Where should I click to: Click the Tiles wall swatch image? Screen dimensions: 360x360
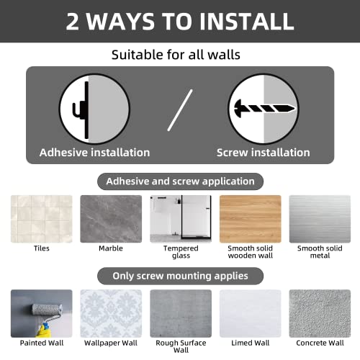coord(42,219)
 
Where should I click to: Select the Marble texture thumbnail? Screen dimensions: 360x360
coord(111,219)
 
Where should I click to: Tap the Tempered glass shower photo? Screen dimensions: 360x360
coord(181,219)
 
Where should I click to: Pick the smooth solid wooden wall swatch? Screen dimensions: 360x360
coord(251,219)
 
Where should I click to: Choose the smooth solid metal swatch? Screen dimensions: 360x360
coord(320,219)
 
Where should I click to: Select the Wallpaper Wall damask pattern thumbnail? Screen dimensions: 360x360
coord(111,313)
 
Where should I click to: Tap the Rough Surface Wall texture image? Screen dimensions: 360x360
coord(181,313)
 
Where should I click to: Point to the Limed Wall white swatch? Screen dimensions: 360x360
coord(251,313)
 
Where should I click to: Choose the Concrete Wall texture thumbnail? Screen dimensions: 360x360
coord(320,313)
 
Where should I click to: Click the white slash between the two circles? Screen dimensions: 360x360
coord(180,110)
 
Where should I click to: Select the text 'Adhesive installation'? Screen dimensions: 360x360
coord(94,153)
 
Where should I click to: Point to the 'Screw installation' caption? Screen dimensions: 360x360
coord(264,153)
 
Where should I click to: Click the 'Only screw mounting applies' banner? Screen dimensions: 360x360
coord(180,276)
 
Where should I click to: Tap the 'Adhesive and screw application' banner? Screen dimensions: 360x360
coord(180,181)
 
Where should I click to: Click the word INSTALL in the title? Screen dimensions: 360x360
coord(246,22)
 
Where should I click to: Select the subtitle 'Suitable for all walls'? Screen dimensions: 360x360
coord(176,55)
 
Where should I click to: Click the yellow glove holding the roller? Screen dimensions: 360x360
coord(44,330)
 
